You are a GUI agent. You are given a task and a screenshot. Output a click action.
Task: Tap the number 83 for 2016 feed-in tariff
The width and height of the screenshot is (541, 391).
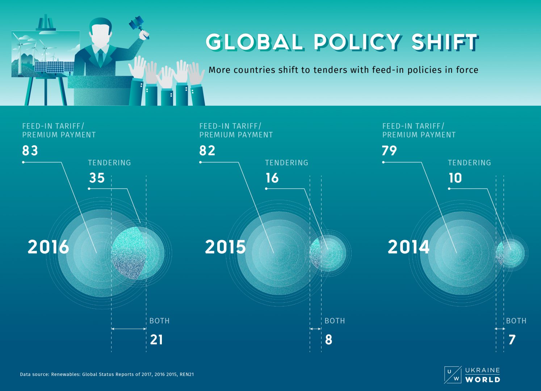30,151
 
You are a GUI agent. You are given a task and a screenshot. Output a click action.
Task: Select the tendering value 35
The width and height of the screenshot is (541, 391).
97,178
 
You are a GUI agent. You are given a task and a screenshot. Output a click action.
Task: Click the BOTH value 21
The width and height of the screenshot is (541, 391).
156,340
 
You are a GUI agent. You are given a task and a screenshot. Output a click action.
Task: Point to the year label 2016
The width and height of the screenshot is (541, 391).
48,247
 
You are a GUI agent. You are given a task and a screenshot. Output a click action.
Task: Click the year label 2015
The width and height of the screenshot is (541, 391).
225,247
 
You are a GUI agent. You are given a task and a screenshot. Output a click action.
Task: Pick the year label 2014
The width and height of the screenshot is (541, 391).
408,247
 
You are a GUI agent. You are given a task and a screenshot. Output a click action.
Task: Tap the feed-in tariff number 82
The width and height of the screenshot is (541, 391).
207,151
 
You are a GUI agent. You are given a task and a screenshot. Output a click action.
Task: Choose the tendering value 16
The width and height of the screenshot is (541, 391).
272,178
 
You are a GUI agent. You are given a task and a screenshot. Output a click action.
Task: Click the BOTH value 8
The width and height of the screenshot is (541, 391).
329,340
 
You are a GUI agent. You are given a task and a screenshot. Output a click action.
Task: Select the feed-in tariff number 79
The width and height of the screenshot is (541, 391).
390,151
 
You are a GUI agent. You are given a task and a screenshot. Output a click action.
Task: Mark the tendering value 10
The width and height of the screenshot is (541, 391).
455,178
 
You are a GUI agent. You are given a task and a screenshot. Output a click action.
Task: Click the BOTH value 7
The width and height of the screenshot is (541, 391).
512,340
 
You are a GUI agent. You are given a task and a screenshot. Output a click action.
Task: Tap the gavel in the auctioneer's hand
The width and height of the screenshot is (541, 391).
137,24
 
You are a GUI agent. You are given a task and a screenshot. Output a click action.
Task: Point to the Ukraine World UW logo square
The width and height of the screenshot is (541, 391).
453,375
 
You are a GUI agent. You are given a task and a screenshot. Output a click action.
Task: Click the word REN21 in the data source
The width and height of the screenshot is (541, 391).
187,374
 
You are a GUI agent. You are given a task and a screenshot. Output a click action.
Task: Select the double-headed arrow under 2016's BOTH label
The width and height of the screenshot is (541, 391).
129,329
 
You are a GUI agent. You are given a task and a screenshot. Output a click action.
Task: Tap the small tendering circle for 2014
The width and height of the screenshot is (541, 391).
511,253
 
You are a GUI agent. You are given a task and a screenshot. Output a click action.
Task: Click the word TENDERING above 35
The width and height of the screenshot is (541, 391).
109,163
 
